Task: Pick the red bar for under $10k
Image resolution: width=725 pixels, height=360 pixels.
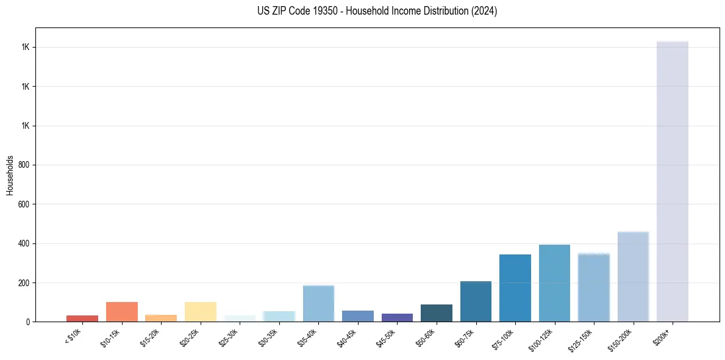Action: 82,318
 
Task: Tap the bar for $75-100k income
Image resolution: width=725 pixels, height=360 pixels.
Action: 515,288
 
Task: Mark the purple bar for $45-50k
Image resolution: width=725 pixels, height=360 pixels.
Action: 397,317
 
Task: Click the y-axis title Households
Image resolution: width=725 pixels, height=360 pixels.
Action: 10,175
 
